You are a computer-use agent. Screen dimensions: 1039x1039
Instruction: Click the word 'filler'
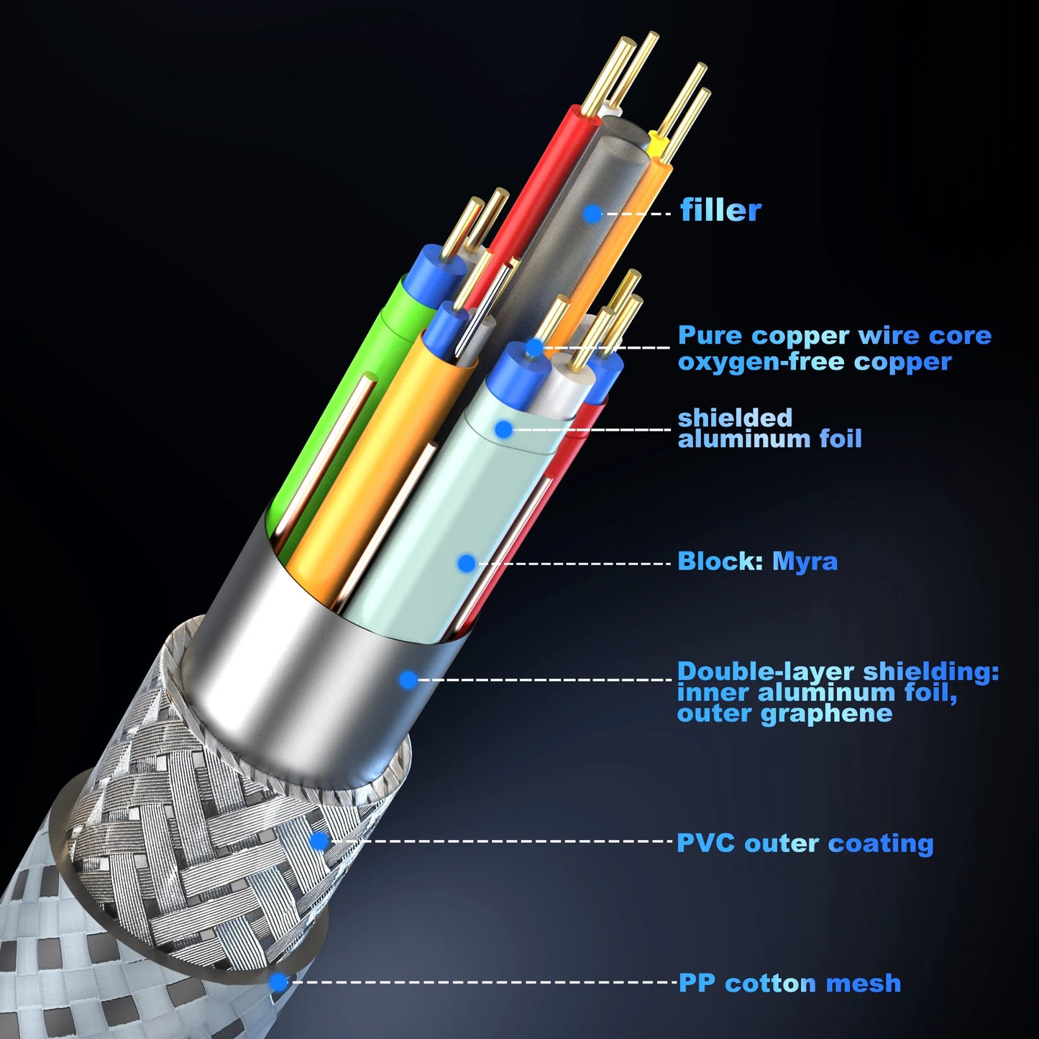[x=720, y=210]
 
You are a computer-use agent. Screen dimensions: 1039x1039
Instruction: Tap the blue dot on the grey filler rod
[x=592, y=214]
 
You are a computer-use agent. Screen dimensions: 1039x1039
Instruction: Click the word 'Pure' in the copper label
[x=710, y=335]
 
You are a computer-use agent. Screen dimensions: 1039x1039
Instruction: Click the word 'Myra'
[x=805, y=562]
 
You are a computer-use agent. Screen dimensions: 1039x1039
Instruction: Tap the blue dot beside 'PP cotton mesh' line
[x=278, y=982]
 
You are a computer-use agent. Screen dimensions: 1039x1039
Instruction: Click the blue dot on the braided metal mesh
[x=319, y=841]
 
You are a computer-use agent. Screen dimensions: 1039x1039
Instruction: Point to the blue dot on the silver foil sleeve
[x=408, y=679]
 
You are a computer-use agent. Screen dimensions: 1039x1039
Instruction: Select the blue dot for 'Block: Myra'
[x=467, y=564]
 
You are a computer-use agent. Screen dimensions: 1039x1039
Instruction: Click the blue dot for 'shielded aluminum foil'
[x=503, y=429]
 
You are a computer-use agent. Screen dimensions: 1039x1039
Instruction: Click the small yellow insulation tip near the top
[x=656, y=144]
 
